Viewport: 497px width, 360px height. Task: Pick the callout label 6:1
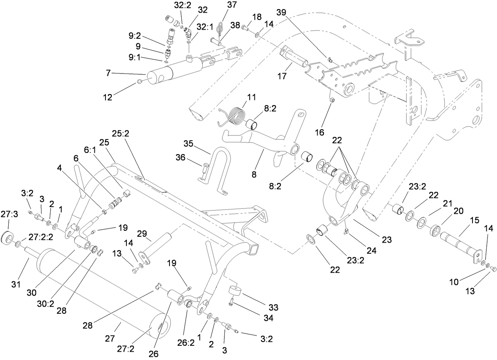88,150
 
